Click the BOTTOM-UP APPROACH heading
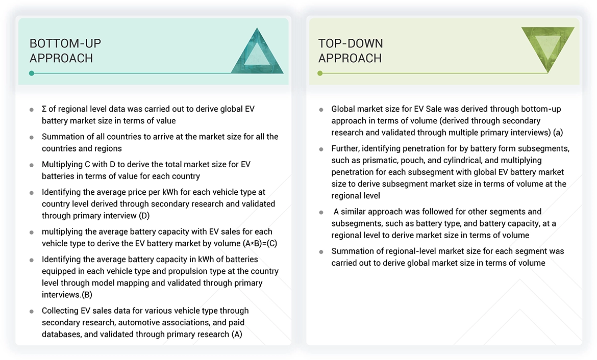coord(62,50)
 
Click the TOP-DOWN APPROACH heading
coord(351,50)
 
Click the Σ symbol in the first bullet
coord(44,109)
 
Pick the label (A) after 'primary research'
coord(236,335)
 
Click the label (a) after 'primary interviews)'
coord(558,133)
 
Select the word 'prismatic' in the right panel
coord(372,160)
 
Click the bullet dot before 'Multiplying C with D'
coord(32,165)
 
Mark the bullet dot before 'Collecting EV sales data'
coord(32,311)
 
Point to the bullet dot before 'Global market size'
coord(321,110)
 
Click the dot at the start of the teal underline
coord(32,73)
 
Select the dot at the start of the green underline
coord(320,73)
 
